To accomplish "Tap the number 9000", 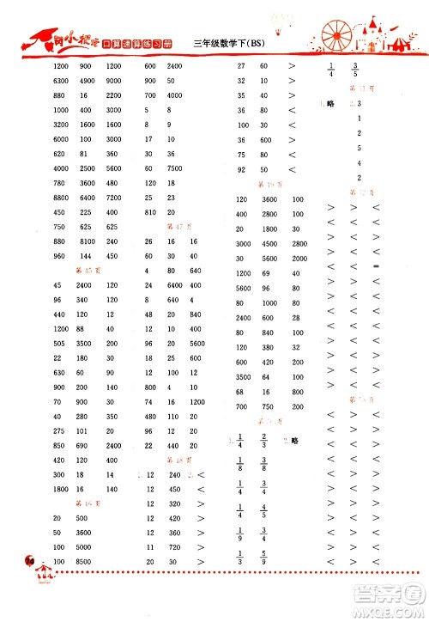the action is (x=112, y=81).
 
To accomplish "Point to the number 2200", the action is (x=112, y=95).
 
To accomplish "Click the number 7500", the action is (x=175, y=168).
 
